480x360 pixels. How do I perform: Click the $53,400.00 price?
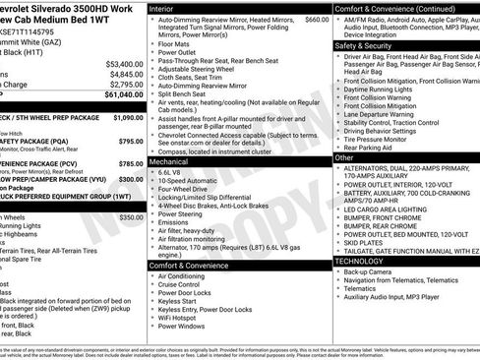click(124, 63)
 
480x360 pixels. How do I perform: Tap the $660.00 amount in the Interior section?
click(317, 19)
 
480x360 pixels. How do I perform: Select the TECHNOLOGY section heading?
click(359, 262)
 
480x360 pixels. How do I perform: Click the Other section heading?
click(344, 157)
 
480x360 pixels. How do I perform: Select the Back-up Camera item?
click(373, 272)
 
